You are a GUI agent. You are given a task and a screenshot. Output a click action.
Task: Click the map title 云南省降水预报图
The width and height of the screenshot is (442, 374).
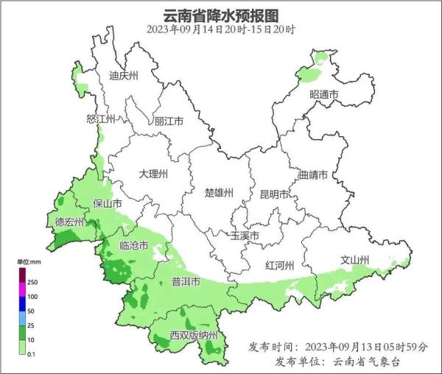coord(221,15)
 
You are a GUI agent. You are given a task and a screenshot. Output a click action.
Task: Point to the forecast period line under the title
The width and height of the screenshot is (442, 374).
coord(221,30)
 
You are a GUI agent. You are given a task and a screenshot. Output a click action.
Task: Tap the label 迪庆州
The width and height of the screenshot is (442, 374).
coord(123,75)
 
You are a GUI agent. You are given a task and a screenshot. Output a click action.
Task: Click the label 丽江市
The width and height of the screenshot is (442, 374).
coord(169,121)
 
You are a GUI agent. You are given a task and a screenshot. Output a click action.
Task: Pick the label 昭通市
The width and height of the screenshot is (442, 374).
coord(324,95)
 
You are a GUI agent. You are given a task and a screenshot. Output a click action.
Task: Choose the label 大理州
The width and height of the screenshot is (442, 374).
coord(153,174)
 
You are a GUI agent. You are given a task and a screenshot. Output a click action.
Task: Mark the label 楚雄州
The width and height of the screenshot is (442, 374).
coord(219,193)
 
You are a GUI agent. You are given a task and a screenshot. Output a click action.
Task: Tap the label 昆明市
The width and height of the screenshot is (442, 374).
coord(274,194)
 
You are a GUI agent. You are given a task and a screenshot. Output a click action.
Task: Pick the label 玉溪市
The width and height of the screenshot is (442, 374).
coord(245,236)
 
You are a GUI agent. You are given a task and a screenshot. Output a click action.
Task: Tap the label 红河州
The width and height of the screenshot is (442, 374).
coord(280,265)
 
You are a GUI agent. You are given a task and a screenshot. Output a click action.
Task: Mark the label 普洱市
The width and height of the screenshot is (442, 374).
coord(186,281)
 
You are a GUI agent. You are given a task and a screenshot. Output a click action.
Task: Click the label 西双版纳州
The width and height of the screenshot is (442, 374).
coord(194,336)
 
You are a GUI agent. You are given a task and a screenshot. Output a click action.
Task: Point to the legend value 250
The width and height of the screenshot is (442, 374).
coord(32,282)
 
